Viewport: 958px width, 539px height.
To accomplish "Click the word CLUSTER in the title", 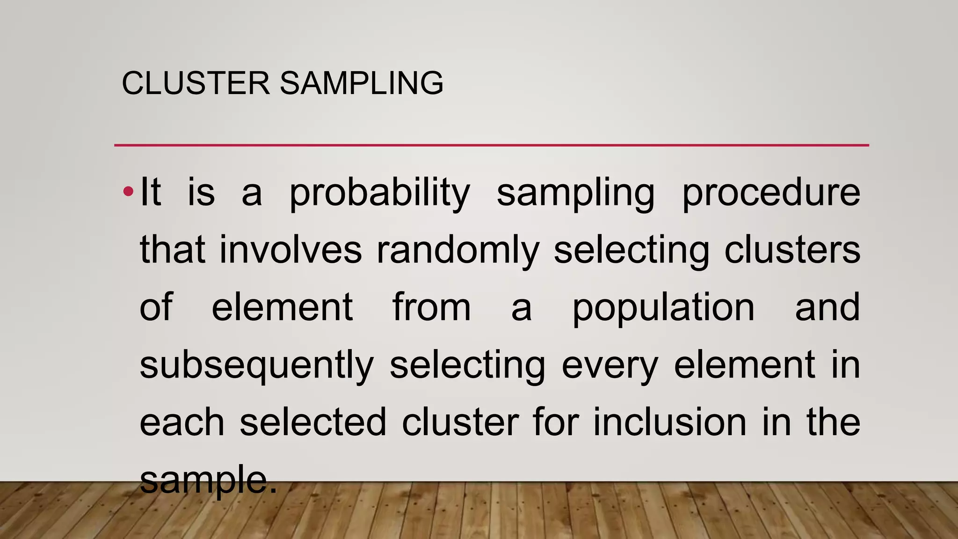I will click(x=196, y=83).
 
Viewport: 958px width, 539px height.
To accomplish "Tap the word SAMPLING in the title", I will click(x=362, y=83).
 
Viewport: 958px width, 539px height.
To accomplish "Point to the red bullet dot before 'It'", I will click(x=129, y=191).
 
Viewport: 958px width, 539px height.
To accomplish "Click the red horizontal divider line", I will click(x=491, y=146).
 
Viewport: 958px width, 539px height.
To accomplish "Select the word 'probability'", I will click(x=379, y=193).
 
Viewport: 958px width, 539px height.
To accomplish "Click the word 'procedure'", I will click(x=771, y=193).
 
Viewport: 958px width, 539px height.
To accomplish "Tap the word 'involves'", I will click(x=290, y=250).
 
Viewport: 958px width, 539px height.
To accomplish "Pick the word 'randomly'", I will click(x=458, y=251).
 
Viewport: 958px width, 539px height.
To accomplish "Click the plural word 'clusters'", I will click(x=792, y=250).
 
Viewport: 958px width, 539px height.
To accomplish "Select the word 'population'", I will click(x=663, y=308).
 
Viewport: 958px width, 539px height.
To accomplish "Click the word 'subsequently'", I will click(x=257, y=366).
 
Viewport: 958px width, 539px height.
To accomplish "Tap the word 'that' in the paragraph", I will click(x=173, y=250).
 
